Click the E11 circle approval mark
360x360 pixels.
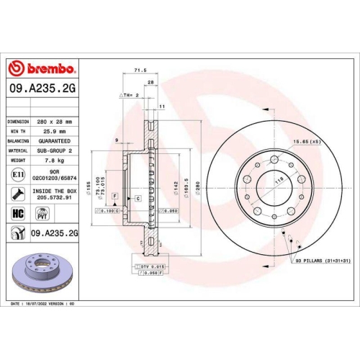[x=17, y=174]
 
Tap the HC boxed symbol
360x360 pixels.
[x=18, y=212]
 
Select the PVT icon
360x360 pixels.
[x=42, y=213]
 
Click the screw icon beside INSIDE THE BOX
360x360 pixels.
[x=17, y=193]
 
